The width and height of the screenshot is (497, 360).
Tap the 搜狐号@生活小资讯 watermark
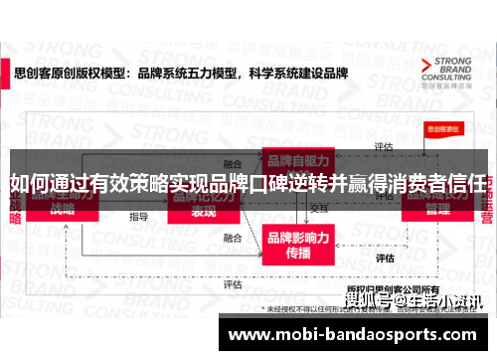click(x=412, y=299)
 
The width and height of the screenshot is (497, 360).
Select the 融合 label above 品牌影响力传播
click(x=233, y=239)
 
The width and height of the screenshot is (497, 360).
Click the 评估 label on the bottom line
click(x=233, y=283)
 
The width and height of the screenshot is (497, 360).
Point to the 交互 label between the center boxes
click(x=319, y=209)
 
